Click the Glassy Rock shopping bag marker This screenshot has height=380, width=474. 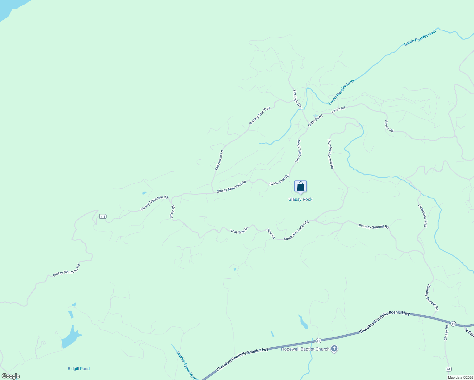(300, 187)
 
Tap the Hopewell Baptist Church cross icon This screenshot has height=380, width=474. (334, 349)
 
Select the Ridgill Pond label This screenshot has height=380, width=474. (79, 369)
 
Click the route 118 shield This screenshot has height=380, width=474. (102, 217)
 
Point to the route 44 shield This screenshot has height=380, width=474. (448, 369)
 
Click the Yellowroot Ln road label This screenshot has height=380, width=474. (219, 160)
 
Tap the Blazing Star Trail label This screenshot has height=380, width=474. (259, 116)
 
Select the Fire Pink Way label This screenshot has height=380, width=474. (297, 99)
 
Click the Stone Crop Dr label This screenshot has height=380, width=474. (279, 180)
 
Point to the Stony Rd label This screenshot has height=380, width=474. (172, 212)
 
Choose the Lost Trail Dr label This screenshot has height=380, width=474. (239, 230)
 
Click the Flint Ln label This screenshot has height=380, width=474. (271, 234)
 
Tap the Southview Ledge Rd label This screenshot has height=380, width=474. (296, 230)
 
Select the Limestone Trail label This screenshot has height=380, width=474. (423, 215)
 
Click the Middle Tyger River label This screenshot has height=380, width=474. (186, 366)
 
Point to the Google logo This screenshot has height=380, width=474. (10, 376)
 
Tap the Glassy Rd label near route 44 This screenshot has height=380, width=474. (446, 333)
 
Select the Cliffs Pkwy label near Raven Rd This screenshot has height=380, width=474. (315, 120)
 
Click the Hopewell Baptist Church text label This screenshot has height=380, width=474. (305, 349)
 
